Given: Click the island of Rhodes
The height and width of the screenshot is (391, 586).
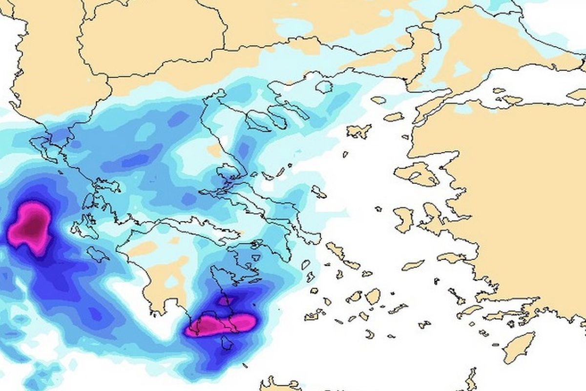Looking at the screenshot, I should pos(519,347).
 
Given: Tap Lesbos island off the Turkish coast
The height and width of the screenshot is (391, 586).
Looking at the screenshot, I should pos(418,173).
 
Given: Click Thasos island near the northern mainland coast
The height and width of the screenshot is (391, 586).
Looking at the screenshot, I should pos(324,87).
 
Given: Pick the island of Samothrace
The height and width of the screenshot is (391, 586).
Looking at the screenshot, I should pos(378,100).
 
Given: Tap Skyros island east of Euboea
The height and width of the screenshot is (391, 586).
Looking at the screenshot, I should pos(319,192).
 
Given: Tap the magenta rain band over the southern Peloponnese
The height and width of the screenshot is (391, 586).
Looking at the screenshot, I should pos(222,325).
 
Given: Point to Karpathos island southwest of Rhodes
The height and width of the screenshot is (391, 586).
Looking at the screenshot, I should pos(471,379).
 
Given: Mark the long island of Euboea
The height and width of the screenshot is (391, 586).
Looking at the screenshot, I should pos(264,205).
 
